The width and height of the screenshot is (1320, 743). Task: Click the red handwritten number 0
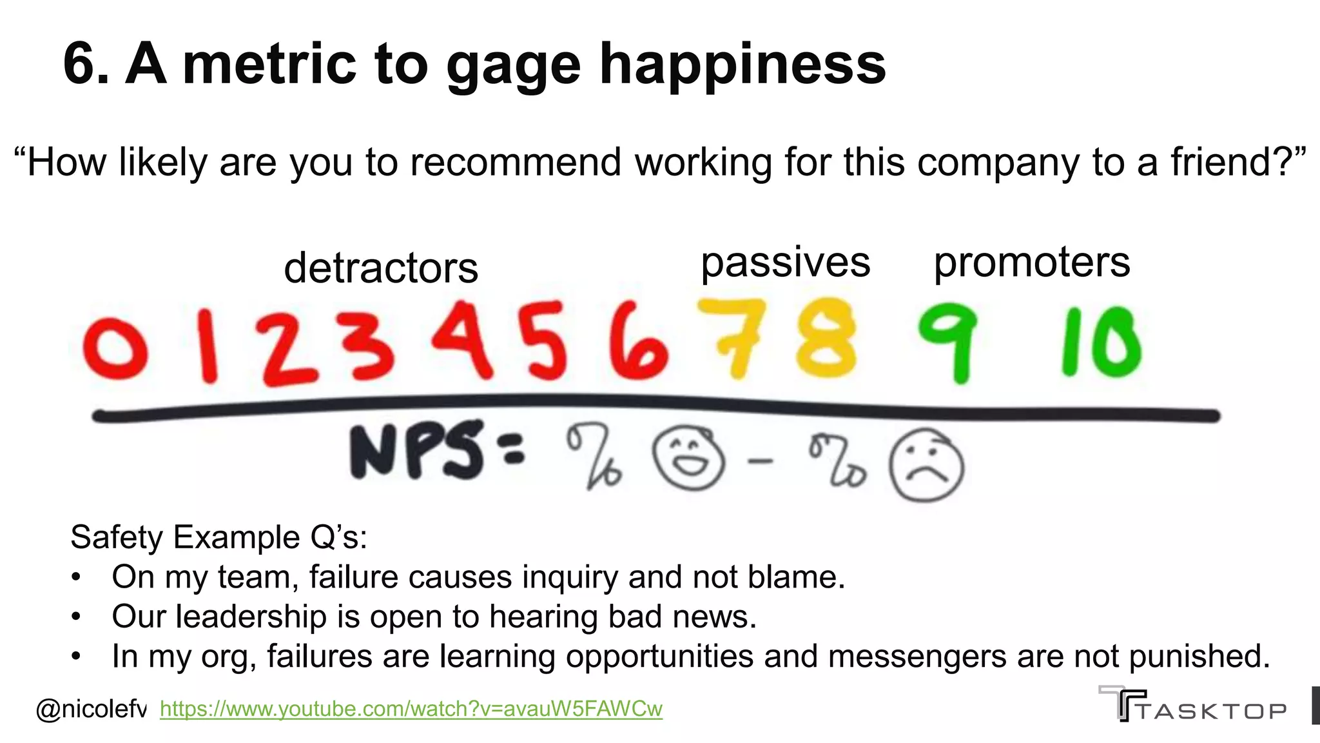[x=115, y=348]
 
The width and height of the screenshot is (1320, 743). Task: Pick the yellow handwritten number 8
[x=826, y=338]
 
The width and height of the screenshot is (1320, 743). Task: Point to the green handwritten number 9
[x=947, y=342]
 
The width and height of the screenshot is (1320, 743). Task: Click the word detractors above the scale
[x=381, y=268]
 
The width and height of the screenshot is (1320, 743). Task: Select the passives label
[x=785, y=263]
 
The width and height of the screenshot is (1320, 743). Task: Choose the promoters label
[x=1032, y=263]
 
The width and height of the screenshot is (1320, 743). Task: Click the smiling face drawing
[x=688, y=460]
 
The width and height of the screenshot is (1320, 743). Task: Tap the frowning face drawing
[x=926, y=464]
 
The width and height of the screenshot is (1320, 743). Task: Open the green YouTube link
[x=411, y=709]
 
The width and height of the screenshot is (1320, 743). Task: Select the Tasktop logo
[x=1192, y=704]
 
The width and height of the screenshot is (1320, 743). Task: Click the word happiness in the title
[x=742, y=64]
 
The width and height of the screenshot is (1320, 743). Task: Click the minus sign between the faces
[x=761, y=461]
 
